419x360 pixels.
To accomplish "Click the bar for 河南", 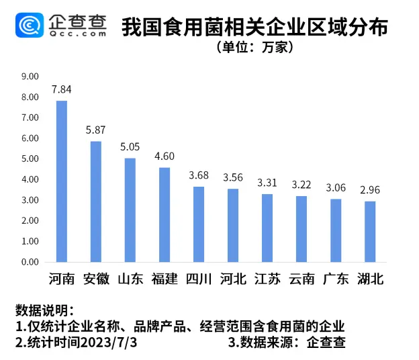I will coord(62,181).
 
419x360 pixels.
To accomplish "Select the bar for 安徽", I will coord(96,201).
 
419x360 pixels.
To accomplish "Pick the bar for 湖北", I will coord(370,232).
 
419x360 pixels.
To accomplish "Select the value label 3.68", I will coord(199,175).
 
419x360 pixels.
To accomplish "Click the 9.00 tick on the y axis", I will coord(30,77).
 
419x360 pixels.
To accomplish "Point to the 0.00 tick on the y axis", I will coord(30,262).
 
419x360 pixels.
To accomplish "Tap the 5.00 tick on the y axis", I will coord(30,159).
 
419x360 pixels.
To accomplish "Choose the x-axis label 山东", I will coord(130,279).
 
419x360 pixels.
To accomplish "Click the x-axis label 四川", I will coord(199,279).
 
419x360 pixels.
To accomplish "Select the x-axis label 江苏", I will coord(267,279).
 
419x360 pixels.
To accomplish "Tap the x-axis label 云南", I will coord(301,279).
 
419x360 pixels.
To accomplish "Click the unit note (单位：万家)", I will coord(254,48).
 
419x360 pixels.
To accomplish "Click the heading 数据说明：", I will coord(45,310).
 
